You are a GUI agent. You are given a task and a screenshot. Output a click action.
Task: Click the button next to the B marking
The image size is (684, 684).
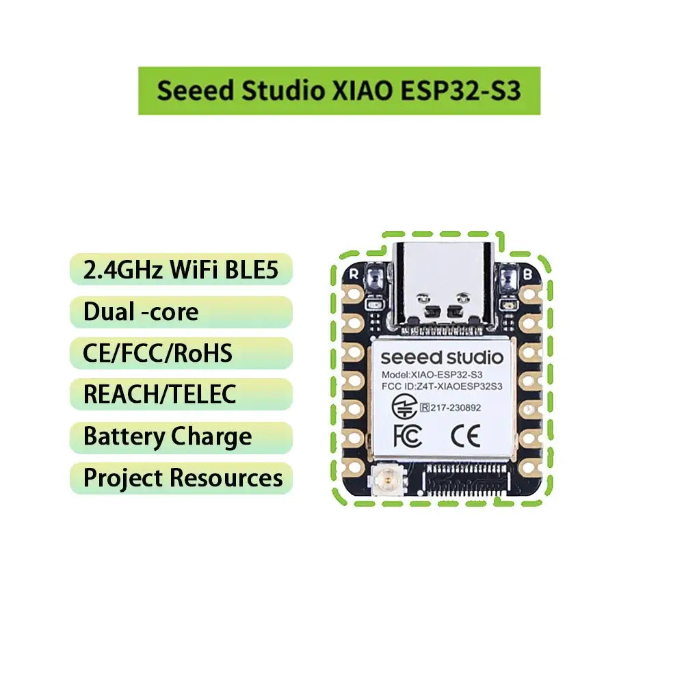[x=509, y=278]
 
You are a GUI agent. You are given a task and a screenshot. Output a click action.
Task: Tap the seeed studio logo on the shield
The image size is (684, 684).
[x=441, y=357]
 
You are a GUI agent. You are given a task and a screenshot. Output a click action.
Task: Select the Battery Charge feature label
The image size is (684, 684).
[x=168, y=436]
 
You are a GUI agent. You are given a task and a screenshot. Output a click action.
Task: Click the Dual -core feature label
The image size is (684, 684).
[x=141, y=312]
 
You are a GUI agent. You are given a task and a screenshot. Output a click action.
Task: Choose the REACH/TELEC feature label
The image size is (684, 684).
[x=159, y=394]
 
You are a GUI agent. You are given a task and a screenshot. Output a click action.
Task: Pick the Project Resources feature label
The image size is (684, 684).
[x=182, y=478]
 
